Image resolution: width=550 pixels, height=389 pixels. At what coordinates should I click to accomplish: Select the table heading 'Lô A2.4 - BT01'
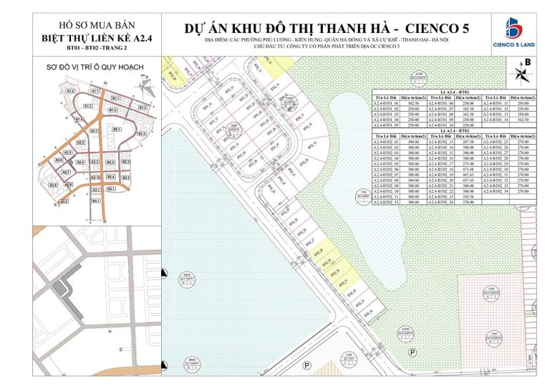coord(454,93)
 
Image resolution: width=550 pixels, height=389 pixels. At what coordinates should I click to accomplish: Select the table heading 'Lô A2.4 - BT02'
coord(454,132)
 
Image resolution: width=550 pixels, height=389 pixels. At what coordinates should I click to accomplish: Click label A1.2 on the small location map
coord(71,92)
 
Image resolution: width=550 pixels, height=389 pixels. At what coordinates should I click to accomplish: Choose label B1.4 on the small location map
coord(142,134)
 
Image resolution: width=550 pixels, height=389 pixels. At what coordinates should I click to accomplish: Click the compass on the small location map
coord(143,85)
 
